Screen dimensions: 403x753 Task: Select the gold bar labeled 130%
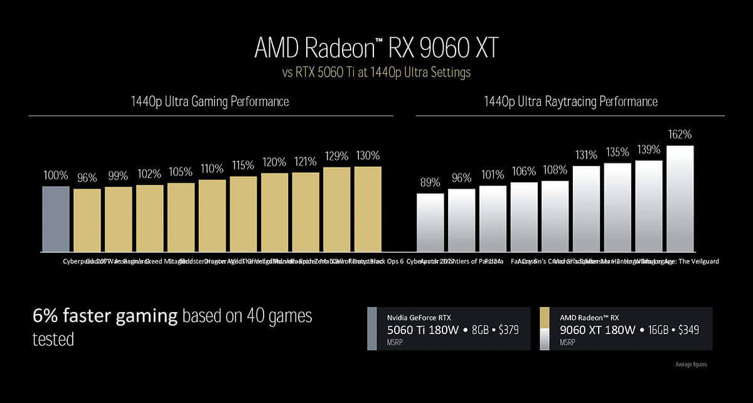(368, 209)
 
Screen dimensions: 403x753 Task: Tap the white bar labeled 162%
(680, 198)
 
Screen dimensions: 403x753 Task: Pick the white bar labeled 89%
(430, 222)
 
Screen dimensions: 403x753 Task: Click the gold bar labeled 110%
(212, 216)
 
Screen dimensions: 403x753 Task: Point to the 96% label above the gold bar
(87, 178)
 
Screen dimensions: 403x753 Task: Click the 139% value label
(649, 149)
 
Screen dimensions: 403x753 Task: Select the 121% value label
(306, 161)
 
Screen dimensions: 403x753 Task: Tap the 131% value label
(586, 155)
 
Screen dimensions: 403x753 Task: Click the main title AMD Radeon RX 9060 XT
(376, 48)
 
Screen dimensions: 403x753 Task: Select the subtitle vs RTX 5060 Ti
(376, 73)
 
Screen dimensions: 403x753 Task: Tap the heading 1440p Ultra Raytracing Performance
(570, 102)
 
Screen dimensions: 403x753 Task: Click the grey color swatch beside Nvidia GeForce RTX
(372, 328)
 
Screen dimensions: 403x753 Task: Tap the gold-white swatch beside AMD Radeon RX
(544, 328)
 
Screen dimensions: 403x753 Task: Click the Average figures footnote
(691, 364)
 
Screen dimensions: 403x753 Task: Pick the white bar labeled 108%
(555, 216)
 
